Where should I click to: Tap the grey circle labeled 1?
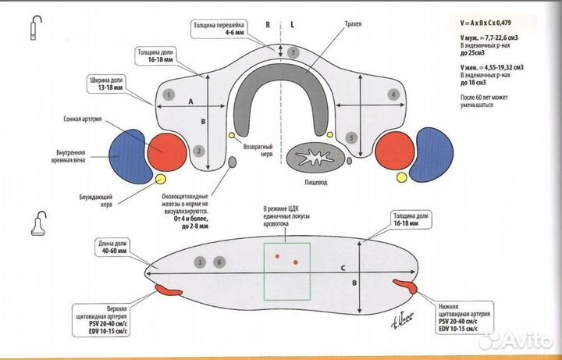click(168, 94)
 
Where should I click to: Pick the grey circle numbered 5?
click(352, 137)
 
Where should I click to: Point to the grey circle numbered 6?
click(219, 262)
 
